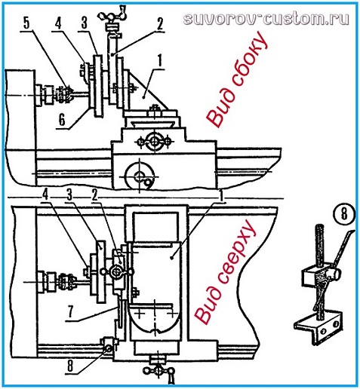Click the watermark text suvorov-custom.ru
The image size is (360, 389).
click(266, 19)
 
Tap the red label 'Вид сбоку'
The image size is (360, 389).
click(236, 79)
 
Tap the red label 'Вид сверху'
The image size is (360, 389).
click(226, 272)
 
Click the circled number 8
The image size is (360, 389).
click(344, 214)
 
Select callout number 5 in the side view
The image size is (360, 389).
click(26, 23)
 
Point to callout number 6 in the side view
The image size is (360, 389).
click(62, 121)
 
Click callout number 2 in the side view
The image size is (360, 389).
click(160, 24)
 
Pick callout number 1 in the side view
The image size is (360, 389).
click(159, 60)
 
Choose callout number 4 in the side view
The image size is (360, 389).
click(58, 23)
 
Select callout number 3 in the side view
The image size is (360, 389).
click(85, 23)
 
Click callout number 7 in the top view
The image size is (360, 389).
click(71, 313)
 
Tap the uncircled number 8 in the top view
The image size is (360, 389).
click(70, 366)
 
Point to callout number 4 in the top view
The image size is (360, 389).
click(45, 194)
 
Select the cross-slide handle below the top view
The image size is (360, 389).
click(159, 372)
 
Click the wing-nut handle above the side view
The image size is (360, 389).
click(112, 17)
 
